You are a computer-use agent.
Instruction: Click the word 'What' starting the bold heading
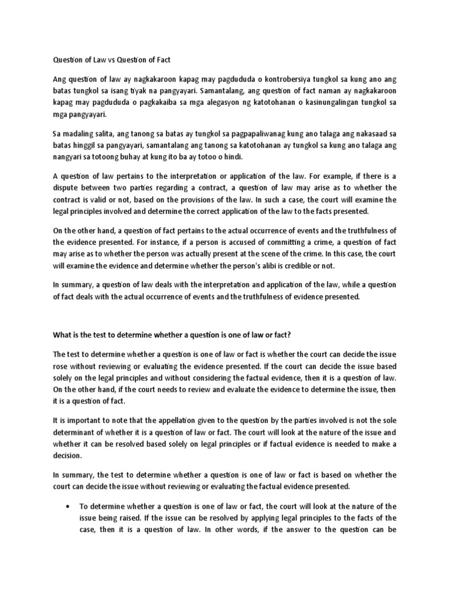pyautogui.click(x=63, y=335)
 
